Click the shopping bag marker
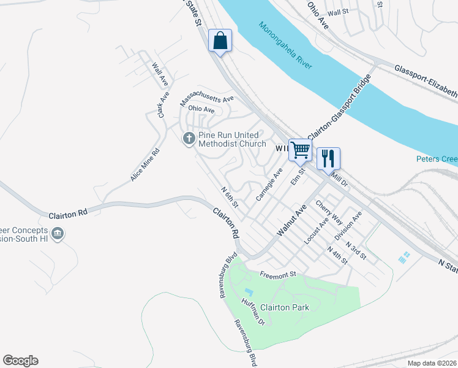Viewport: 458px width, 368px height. click(x=220, y=41)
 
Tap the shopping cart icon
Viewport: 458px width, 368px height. click(x=300, y=149)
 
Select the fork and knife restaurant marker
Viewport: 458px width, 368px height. click(x=328, y=158)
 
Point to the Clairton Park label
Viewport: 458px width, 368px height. click(x=285, y=307)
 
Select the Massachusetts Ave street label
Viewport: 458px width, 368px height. click(x=207, y=99)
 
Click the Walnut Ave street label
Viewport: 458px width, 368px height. click(x=291, y=221)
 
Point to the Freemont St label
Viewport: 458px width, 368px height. click(x=278, y=275)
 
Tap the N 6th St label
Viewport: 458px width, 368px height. click(x=230, y=197)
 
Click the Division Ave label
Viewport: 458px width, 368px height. click(x=348, y=226)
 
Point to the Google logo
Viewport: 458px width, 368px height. click(x=20, y=361)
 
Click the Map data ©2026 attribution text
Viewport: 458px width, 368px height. click(x=432, y=363)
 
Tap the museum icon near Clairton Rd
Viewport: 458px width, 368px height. click(x=57, y=234)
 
